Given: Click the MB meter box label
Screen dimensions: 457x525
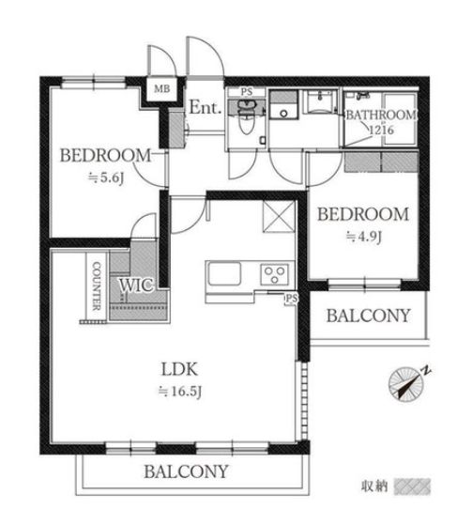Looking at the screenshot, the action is (x=162, y=89).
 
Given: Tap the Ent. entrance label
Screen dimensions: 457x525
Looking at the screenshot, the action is (x=206, y=107).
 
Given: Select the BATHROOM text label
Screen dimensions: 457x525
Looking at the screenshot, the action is (x=381, y=115).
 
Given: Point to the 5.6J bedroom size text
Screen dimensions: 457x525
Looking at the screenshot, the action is (x=106, y=178).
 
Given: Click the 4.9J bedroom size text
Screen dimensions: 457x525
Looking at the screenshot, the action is (x=364, y=237).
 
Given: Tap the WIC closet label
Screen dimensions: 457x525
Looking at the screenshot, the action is (x=136, y=286).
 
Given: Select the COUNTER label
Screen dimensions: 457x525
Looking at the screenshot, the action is (x=97, y=286).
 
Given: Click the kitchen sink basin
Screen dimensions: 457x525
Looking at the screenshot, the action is (x=224, y=273).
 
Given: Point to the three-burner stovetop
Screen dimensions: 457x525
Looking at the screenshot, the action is (x=275, y=274).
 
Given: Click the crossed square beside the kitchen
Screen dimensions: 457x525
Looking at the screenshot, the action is (x=279, y=216).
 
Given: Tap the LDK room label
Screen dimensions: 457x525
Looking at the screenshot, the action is (x=179, y=369).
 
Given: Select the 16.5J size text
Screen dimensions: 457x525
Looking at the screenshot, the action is (x=180, y=391).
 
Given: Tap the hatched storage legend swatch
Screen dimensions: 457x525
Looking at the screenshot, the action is (x=412, y=486).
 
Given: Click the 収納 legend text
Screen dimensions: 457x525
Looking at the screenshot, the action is (x=374, y=486).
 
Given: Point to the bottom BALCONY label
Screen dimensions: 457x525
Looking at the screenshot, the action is (x=186, y=471).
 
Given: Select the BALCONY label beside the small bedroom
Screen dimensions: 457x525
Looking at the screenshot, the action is (x=369, y=316).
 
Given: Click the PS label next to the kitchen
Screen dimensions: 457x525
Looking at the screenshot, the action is (x=291, y=298).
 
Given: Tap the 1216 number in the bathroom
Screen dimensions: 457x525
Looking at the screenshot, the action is (x=381, y=130).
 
